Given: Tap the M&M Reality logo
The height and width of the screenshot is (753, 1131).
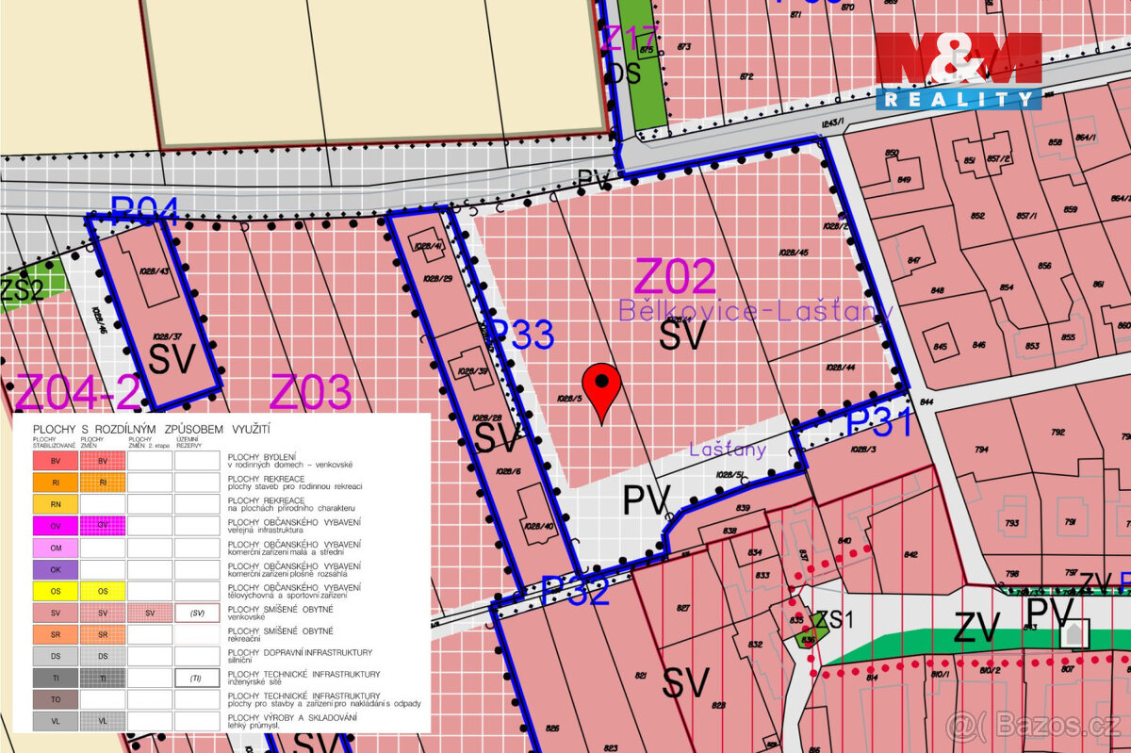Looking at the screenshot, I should [959, 71].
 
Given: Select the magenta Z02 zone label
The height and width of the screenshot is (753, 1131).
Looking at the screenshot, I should [675, 276].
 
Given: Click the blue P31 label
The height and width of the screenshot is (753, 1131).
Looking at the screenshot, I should [879, 422].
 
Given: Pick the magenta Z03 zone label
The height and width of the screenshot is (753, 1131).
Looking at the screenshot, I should [311, 392].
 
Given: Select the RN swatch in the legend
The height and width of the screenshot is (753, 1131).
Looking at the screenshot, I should [55, 504].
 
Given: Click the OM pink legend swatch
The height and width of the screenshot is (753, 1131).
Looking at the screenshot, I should [55, 547].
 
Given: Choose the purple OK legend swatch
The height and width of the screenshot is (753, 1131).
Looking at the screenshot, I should [55, 569].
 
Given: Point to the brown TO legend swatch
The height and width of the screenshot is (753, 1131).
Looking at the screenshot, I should [55, 699].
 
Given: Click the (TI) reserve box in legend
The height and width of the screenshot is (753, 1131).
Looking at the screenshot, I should [196, 678].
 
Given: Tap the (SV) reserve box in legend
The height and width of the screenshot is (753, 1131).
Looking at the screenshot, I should [196, 613].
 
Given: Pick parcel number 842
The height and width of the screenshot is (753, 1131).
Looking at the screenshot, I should [910, 555].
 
